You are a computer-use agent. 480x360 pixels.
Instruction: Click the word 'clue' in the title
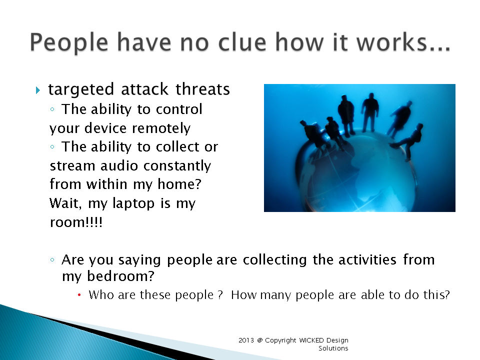(x=242, y=42)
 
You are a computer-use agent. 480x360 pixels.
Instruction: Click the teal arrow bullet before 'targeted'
(x=37, y=90)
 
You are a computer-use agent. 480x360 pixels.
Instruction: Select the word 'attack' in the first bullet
(x=144, y=89)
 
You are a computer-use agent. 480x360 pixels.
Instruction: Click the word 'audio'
(x=119, y=166)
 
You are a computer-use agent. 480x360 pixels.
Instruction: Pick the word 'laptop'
(x=133, y=203)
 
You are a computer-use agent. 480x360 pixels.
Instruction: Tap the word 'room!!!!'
(x=76, y=222)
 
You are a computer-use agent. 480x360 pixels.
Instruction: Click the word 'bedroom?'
(x=120, y=276)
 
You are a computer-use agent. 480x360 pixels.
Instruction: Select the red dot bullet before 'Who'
(x=79, y=295)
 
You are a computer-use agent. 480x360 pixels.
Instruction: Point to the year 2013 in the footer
(x=246, y=340)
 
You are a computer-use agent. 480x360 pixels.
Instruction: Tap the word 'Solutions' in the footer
(x=333, y=348)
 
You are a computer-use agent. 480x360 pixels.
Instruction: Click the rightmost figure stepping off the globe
(x=408, y=141)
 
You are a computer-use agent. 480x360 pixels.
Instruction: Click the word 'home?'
(x=179, y=184)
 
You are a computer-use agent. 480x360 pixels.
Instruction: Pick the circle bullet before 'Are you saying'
(x=52, y=260)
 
